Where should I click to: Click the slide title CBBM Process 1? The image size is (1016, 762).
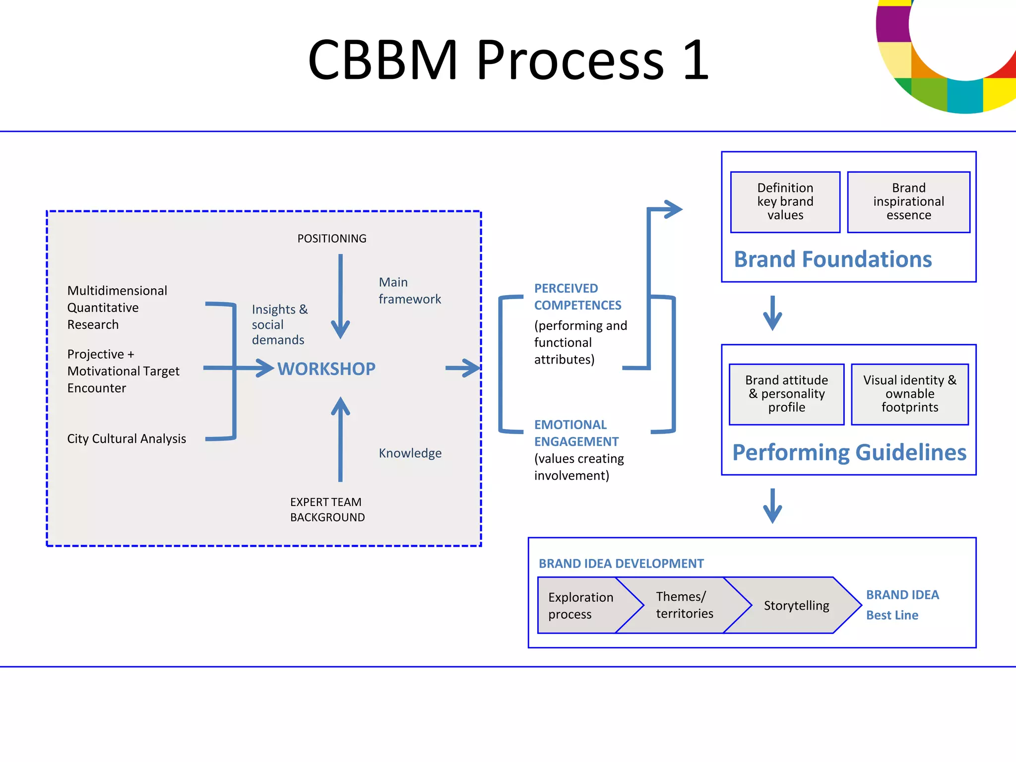[508, 61]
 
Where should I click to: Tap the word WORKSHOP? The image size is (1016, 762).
[326, 369]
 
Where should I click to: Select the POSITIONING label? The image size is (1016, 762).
[331, 239]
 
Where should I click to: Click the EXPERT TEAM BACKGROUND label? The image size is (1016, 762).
[327, 509]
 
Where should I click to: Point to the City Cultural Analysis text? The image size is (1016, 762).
[127, 439]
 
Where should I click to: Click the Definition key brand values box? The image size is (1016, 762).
[785, 202]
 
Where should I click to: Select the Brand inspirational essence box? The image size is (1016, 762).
[908, 202]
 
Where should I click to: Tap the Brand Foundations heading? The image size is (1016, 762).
[832, 259]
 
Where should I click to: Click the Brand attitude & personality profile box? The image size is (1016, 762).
[786, 394]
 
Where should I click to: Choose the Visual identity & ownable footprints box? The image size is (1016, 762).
[909, 394]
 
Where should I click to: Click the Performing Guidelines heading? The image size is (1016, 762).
[849, 452]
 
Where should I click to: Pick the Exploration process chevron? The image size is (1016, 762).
[580, 605]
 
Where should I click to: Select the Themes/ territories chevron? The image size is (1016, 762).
[685, 605]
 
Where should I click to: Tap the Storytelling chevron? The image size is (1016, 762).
[796, 605]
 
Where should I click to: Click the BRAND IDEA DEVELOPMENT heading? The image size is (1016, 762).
[621, 564]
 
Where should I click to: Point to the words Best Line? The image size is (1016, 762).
[892, 615]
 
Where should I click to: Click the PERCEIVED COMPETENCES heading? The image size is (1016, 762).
[577, 297]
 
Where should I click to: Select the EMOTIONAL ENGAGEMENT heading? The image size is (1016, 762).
[575, 433]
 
